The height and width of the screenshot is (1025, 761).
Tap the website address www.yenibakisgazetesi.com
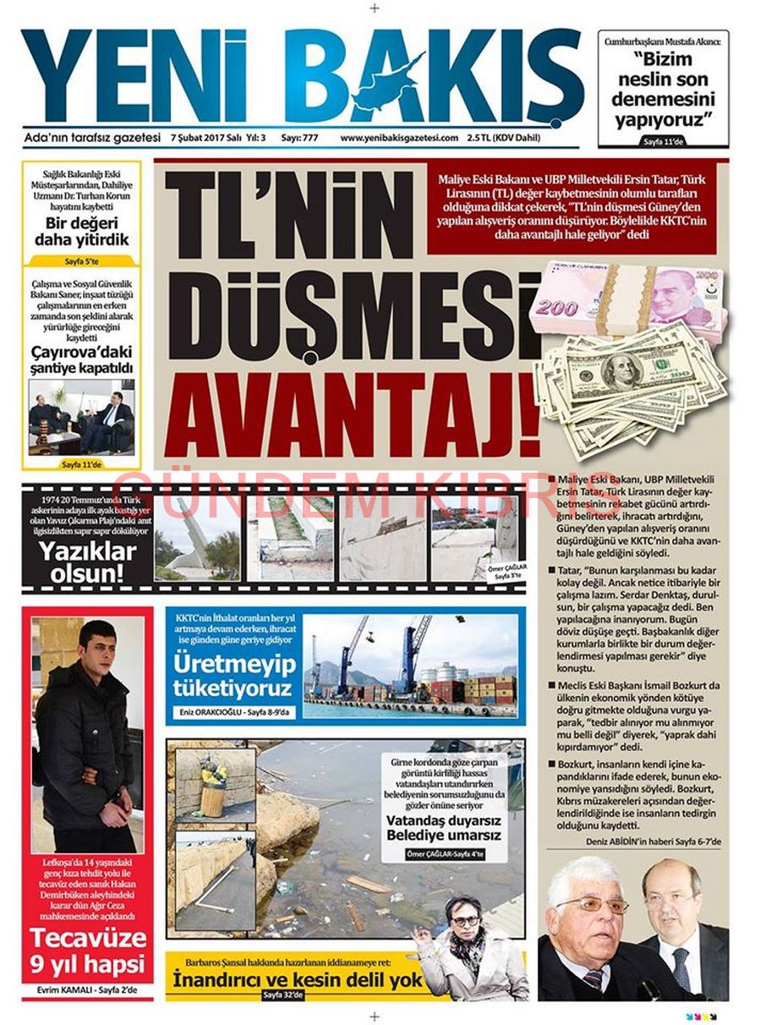click(x=399, y=138)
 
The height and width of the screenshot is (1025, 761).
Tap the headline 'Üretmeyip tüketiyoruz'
click(x=234, y=676)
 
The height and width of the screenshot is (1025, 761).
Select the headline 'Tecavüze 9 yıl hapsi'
click(x=88, y=951)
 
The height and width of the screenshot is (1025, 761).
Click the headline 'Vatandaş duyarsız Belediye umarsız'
click(x=444, y=828)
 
